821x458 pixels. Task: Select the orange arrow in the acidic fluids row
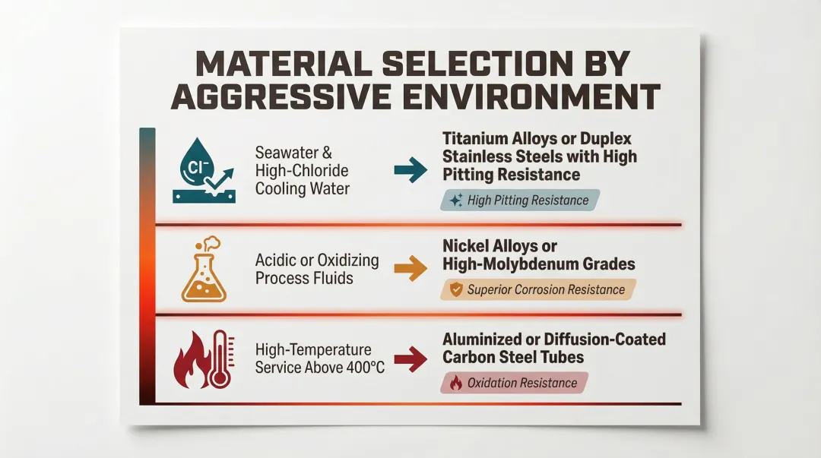pos(410,269)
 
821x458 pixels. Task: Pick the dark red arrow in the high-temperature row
pos(410,360)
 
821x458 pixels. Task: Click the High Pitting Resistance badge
pos(520,201)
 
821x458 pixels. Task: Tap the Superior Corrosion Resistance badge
pos(538,289)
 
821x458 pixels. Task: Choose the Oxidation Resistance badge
pos(515,383)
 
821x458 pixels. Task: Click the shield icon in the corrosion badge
pos(456,289)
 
